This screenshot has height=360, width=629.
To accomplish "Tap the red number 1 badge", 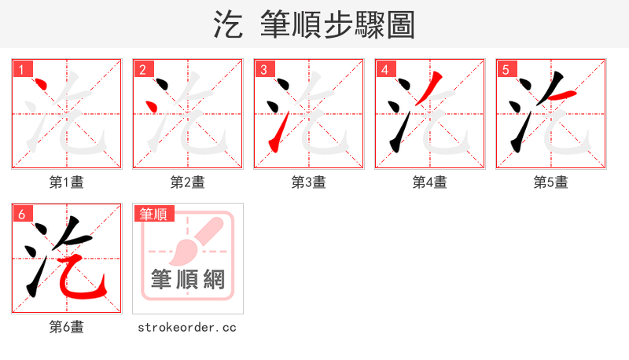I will click(21, 70).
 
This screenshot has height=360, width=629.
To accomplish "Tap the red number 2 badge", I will click(142, 70).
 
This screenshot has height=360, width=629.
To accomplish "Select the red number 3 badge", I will click(263, 70).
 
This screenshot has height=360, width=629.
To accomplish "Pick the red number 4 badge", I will click(384, 70).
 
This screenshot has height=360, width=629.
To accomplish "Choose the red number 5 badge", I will click(506, 70).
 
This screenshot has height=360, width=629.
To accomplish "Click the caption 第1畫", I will click(67, 182).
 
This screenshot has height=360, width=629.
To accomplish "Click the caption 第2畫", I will click(188, 182).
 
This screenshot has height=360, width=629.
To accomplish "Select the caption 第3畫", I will click(309, 182).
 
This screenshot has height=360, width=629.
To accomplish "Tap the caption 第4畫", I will click(430, 182).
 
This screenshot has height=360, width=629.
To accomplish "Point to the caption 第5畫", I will click(551, 182).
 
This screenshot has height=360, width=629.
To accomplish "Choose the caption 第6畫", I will click(67, 327).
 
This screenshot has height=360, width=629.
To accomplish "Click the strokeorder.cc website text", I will click(187, 327).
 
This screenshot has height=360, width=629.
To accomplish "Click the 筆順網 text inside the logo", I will click(188, 279).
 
